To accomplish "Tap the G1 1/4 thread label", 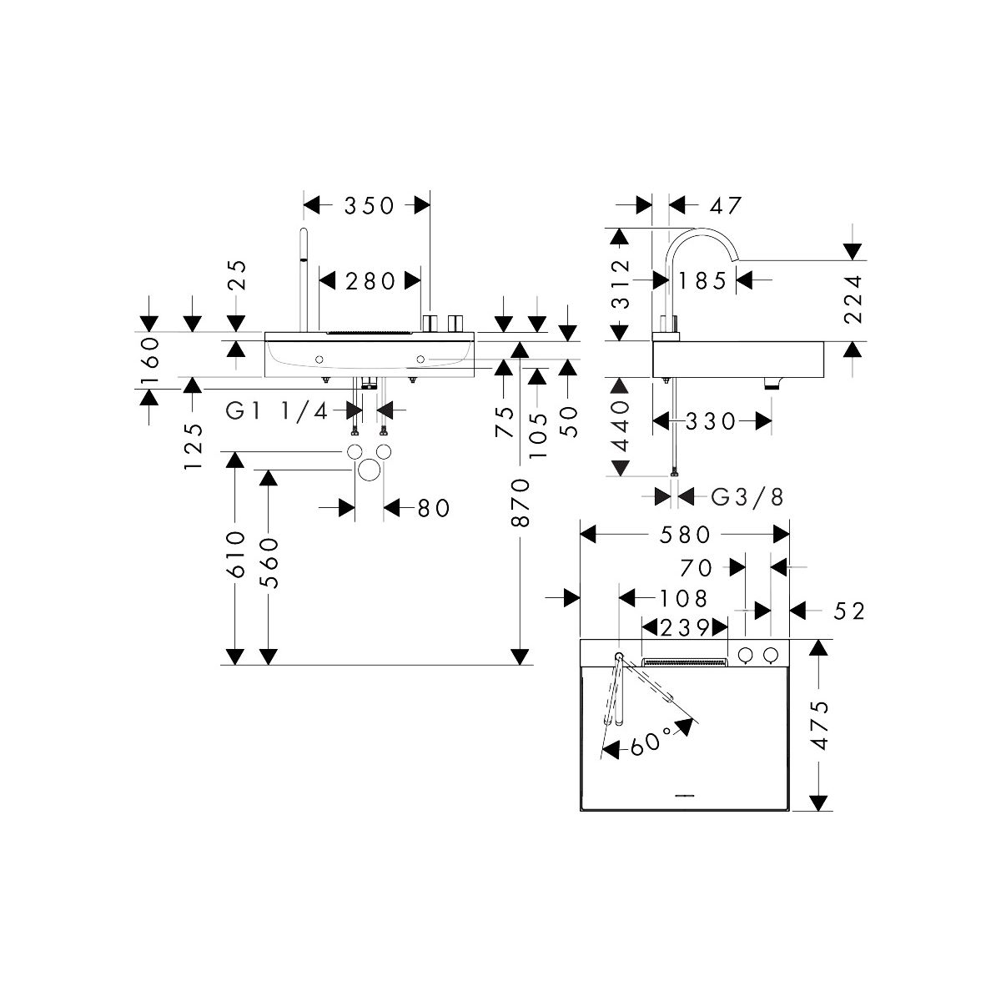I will (x=279, y=410).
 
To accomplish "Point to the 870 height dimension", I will (x=521, y=501).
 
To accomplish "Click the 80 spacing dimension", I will (x=432, y=507).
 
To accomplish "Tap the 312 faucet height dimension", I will (x=619, y=283).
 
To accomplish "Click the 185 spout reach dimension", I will (x=702, y=281).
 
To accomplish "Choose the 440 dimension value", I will (x=619, y=425).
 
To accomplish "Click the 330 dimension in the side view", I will (x=712, y=422).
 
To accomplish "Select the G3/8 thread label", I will (x=747, y=497).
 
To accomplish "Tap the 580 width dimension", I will (x=684, y=534).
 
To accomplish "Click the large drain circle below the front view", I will (x=368, y=471).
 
